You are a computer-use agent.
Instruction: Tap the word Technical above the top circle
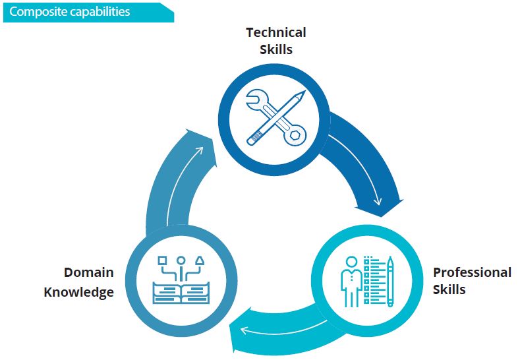(x=276, y=32)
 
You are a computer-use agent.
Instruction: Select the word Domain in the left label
(x=88, y=272)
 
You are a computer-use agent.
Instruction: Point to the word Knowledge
(x=78, y=292)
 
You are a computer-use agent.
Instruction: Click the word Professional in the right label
(x=472, y=272)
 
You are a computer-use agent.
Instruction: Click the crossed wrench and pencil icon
(x=276, y=117)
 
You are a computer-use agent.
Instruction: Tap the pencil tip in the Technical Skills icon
(x=303, y=93)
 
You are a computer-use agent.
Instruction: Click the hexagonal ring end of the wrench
(x=295, y=135)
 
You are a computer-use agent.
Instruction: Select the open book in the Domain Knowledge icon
(x=181, y=293)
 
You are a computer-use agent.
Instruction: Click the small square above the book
(x=162, y=260)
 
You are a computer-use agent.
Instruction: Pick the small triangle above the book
(x=200, y=260)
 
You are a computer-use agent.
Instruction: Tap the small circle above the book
(x=181, y=260)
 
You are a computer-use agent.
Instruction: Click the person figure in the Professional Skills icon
(x=351, y=282)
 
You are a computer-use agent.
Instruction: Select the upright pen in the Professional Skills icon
(x=390, y=282)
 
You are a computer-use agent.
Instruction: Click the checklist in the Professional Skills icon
(x=374, y=280)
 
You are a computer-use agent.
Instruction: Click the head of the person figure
(x=351, y=262)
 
